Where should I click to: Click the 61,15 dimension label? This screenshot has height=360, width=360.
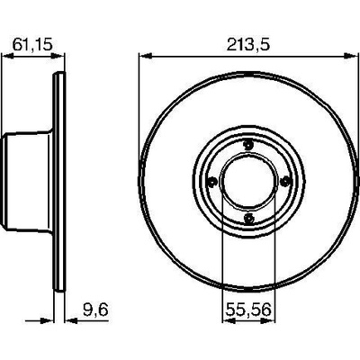pos(32,45)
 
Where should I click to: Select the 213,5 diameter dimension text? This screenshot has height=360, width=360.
pos(248,45)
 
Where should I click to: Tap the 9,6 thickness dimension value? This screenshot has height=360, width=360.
pos(95,310)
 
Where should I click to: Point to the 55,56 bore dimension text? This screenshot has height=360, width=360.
pos(248,310)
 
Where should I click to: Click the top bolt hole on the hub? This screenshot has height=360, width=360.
pos(248,146)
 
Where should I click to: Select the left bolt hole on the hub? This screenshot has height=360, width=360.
pos(212,182)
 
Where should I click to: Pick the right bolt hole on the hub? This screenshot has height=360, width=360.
pos(284,181)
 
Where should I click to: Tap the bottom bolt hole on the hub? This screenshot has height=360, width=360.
pos(249,218)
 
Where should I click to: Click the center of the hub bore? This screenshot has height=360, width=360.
pos(248,182)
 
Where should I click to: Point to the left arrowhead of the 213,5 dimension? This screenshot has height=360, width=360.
pos(145,56)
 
